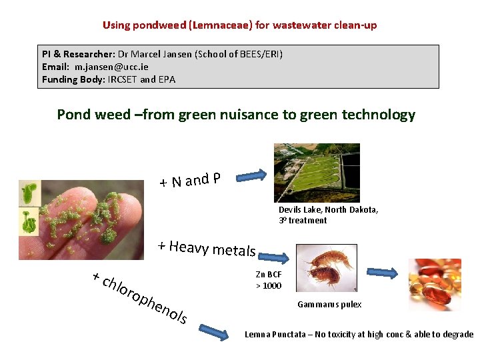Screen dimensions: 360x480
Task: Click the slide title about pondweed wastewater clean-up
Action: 239,25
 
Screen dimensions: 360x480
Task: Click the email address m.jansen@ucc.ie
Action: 111,67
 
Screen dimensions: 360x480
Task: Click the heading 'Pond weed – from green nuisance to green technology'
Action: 236,115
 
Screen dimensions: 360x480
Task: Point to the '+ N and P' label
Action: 190,179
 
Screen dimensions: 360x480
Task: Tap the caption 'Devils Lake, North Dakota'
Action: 328,209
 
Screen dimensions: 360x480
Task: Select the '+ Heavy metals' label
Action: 207,248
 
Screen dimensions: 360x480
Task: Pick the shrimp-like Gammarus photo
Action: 327,268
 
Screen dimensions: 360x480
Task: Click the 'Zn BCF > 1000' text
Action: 269,280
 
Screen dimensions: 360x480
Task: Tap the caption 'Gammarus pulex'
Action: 329,305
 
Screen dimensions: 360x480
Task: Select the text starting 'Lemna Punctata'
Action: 359,335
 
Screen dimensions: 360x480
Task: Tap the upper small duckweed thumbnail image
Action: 30,193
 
